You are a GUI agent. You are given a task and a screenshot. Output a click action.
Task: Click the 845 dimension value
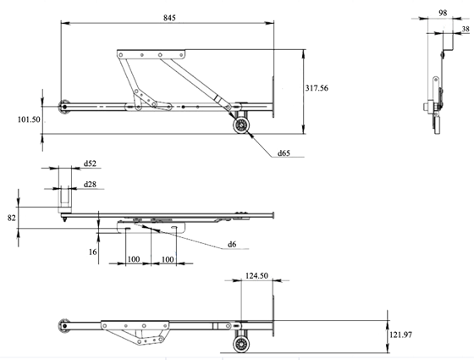click(x=169, y=18)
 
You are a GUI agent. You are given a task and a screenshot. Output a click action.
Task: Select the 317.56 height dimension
click(x=317, y=88)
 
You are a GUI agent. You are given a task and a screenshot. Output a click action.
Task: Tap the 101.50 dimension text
click(x=29, y=119)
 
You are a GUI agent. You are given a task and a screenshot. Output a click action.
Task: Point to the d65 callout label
click(x=284, y=153)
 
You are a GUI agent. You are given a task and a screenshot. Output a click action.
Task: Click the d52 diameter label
click(x=90, y=163)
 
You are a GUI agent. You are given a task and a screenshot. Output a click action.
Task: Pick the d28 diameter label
click(x=90, y=185)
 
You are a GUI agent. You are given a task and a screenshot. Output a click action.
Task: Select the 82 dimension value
click(x=12, y=218)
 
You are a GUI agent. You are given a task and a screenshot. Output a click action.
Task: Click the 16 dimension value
click(x=93, y=252)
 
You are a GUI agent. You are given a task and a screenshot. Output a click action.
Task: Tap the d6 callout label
click(x=232, y=244)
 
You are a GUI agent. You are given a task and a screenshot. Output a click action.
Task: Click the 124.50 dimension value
click(x=256, y=276)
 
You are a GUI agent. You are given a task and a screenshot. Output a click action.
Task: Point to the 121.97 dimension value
click(x=400, y=335)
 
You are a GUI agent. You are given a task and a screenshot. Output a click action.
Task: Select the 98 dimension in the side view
click(x=443, y=13)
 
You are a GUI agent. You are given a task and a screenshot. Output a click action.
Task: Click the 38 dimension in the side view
click(x=466, y=29)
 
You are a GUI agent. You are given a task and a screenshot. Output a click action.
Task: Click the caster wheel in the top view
click(x=241, y=125)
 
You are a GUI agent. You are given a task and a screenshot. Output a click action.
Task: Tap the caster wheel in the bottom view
click(x=241, y=344)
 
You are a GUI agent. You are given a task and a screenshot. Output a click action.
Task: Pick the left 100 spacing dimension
click(x=134, y=259)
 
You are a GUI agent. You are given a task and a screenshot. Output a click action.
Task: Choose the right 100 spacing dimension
click(x=168, y=259)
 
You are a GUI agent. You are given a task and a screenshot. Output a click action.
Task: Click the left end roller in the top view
click(x=63, y=107)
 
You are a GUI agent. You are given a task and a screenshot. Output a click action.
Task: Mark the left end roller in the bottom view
click(x=63, y=326)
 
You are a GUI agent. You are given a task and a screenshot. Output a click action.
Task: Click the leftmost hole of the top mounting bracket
click(x=121, y=55)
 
